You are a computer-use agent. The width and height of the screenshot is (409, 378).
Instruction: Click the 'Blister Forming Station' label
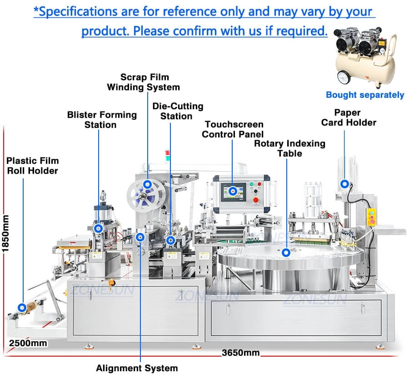102,120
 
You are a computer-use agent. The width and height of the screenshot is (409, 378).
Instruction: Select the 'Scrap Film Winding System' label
144,82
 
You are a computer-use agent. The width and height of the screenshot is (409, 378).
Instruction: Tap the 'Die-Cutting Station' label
177,111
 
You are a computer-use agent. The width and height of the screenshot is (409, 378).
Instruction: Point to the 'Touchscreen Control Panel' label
233,129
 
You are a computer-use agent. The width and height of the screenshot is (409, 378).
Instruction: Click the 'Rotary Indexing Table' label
289,148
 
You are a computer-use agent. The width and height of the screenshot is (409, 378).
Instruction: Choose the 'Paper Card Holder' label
349,117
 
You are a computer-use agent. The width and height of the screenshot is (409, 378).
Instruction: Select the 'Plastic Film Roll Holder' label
32,166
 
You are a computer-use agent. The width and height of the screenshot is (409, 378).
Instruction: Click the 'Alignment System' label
137,368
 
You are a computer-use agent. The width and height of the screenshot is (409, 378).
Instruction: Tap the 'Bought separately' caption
365,95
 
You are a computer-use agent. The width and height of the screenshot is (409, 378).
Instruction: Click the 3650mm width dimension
240,353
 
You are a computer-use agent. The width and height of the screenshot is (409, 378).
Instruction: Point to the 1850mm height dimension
5,233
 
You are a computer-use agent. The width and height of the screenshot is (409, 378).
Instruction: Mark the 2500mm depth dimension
28,343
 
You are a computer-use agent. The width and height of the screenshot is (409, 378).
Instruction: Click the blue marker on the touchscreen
233,191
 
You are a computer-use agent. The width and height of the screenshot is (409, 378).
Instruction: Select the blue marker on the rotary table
286,252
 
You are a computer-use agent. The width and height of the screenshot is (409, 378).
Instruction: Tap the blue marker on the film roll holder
22,307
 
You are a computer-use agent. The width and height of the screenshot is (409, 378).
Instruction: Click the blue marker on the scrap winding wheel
148,185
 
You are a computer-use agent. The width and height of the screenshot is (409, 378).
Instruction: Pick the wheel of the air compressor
344,77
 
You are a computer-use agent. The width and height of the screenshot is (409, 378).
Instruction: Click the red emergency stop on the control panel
255,200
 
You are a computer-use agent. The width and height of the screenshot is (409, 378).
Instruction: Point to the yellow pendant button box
371,217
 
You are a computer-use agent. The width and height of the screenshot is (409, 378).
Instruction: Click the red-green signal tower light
167,155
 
